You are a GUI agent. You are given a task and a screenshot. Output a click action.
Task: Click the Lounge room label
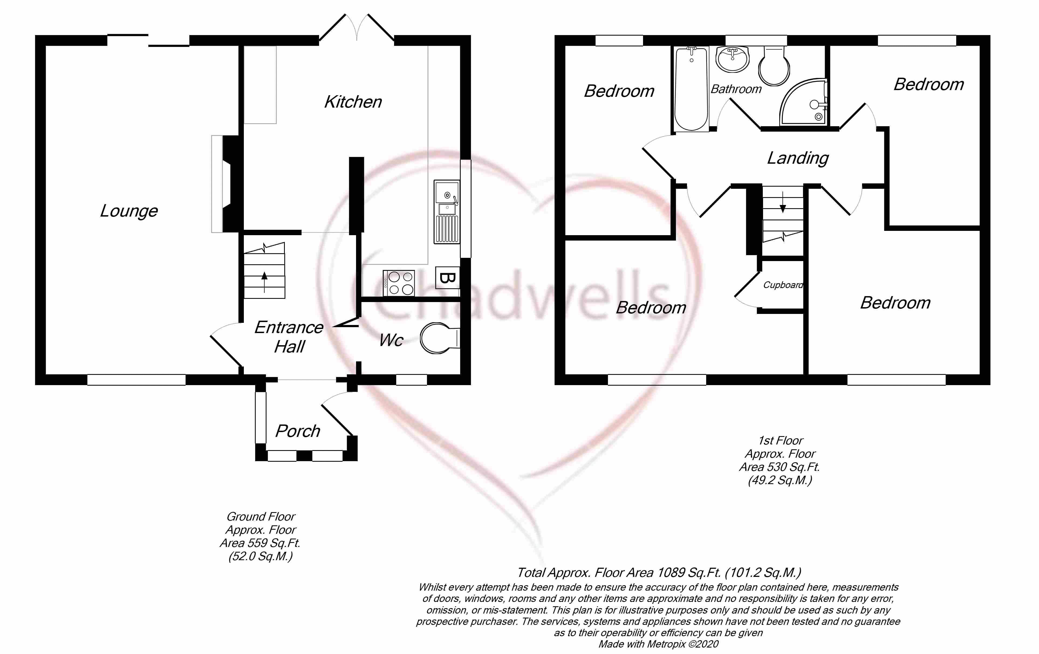coord(129,211)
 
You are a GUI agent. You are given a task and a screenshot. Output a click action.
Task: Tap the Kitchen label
coord(353,102)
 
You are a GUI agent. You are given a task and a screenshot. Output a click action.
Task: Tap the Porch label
coord(298,431)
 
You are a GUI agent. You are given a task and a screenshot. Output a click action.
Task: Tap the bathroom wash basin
coord(733,59)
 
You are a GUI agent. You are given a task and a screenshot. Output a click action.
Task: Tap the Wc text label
coord(391,340)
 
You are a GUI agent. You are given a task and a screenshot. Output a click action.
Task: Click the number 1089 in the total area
coord(671,573)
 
